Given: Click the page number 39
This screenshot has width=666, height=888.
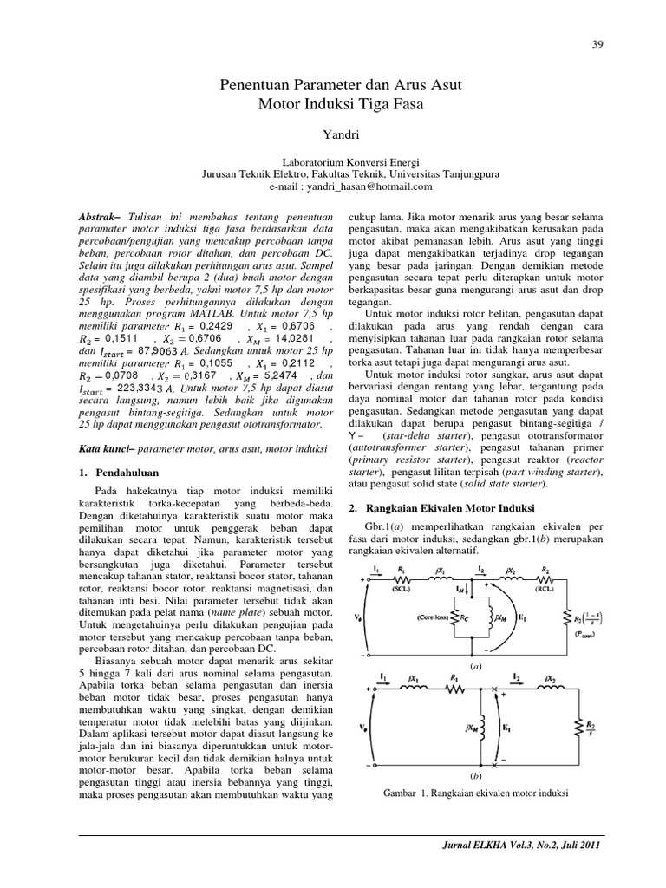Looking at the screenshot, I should click(x=597, y=44).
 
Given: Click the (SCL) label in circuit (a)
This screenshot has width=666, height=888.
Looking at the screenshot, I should click(x=401, y=586).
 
